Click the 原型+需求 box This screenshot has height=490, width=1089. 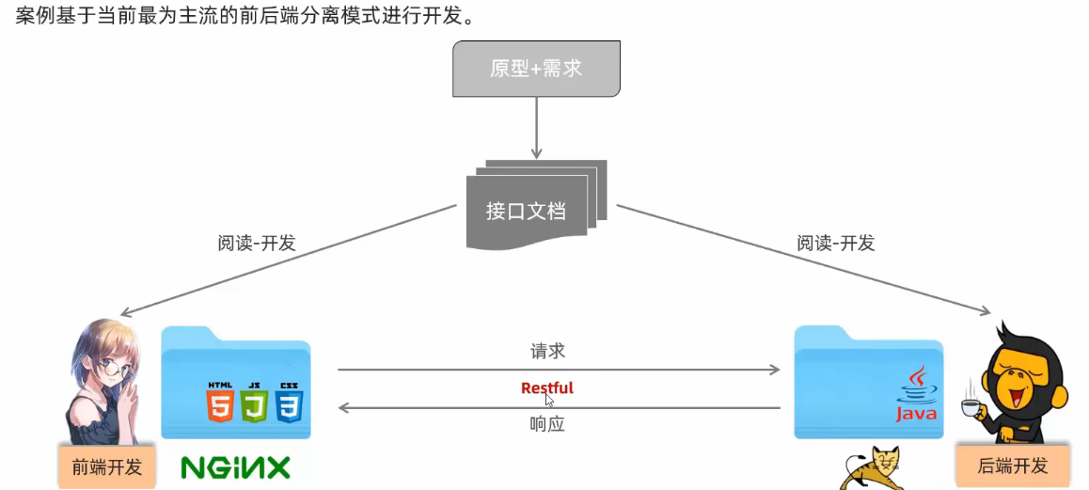[x=536, y=69]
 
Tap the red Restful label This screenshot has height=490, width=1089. [x=546, y=387]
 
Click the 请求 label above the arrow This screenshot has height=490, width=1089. [x=547, y=352]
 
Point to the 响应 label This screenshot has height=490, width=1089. [x=547, y=424]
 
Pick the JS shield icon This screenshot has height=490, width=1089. [x=254, y=405]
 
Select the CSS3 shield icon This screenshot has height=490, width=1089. [x=289, y=405]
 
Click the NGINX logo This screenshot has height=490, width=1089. [x=236, y=467]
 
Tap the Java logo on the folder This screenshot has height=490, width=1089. [x=916, y=395]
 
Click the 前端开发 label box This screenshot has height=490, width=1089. [x=106, y=466]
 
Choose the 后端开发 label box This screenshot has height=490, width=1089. [x=1012, y=466]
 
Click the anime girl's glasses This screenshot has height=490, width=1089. [x=110, y=370]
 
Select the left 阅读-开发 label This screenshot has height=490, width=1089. [x=257, y=243]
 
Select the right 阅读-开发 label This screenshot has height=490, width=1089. [x=836, y=243]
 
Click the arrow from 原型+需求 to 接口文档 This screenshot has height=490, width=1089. [x=537, y=127]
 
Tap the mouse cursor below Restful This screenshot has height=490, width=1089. [x=550, y=400]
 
